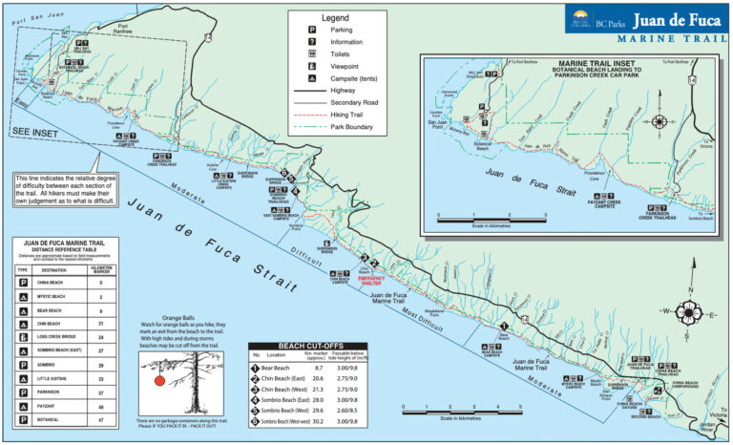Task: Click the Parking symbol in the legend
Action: (x=311, y=30)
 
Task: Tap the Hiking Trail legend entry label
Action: (x=349, y=114)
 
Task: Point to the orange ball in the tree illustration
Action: (x=160, y=379)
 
